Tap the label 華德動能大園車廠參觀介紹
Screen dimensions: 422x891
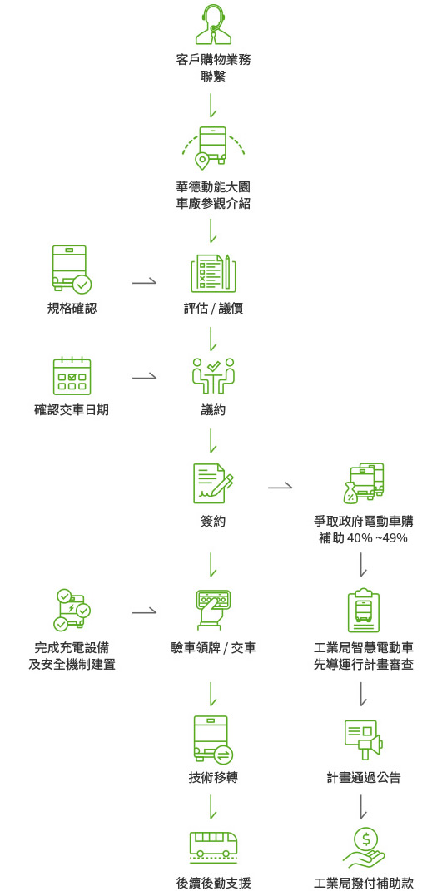click(213, 196)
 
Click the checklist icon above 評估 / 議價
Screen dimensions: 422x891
click(213, 274)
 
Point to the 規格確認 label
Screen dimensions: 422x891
click(72, 309)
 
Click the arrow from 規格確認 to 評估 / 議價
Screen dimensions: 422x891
click(144, 280)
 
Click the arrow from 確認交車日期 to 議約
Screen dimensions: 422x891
click(144, 376)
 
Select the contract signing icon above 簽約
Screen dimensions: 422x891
click(213, 483)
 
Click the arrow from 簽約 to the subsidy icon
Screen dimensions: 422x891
click(280, 486)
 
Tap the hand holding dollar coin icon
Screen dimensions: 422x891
click(364, 847)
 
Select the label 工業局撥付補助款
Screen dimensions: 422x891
click(364, 884)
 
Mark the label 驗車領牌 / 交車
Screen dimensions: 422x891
click(213, 648)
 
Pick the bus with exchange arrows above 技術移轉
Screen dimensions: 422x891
click(213, 739)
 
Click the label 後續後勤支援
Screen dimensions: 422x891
click(213, 884)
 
